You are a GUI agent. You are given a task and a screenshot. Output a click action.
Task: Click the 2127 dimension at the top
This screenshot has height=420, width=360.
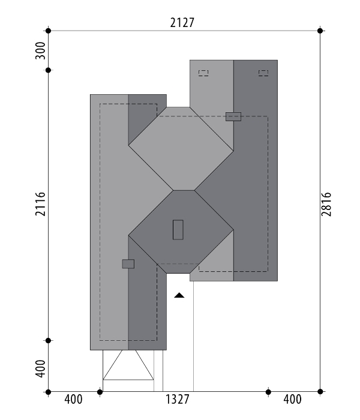click(x=182, y=23)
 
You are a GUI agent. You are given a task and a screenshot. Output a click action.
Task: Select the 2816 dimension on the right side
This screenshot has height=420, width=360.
click(x=326, y=204)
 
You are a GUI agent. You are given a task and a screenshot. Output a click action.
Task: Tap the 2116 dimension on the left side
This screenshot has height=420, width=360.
click(x=40, y=204)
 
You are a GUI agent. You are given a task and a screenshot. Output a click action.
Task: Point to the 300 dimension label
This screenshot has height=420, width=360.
click(x=40, y=50)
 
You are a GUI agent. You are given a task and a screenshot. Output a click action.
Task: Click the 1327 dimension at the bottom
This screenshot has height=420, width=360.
click(x=178, y=400)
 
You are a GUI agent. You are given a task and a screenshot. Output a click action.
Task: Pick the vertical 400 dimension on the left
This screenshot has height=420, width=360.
click(x=40, y=368)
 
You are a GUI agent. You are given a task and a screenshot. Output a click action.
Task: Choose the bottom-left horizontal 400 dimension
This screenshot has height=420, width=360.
click(x=73, y=400)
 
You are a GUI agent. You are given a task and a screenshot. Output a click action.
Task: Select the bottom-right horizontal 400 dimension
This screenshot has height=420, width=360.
click(x=293, y=400)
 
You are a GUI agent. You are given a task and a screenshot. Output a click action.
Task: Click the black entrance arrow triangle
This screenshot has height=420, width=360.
click(x=179, y=295)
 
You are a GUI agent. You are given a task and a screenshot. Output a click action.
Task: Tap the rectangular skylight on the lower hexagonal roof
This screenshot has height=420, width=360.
click(x=178, y=230)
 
